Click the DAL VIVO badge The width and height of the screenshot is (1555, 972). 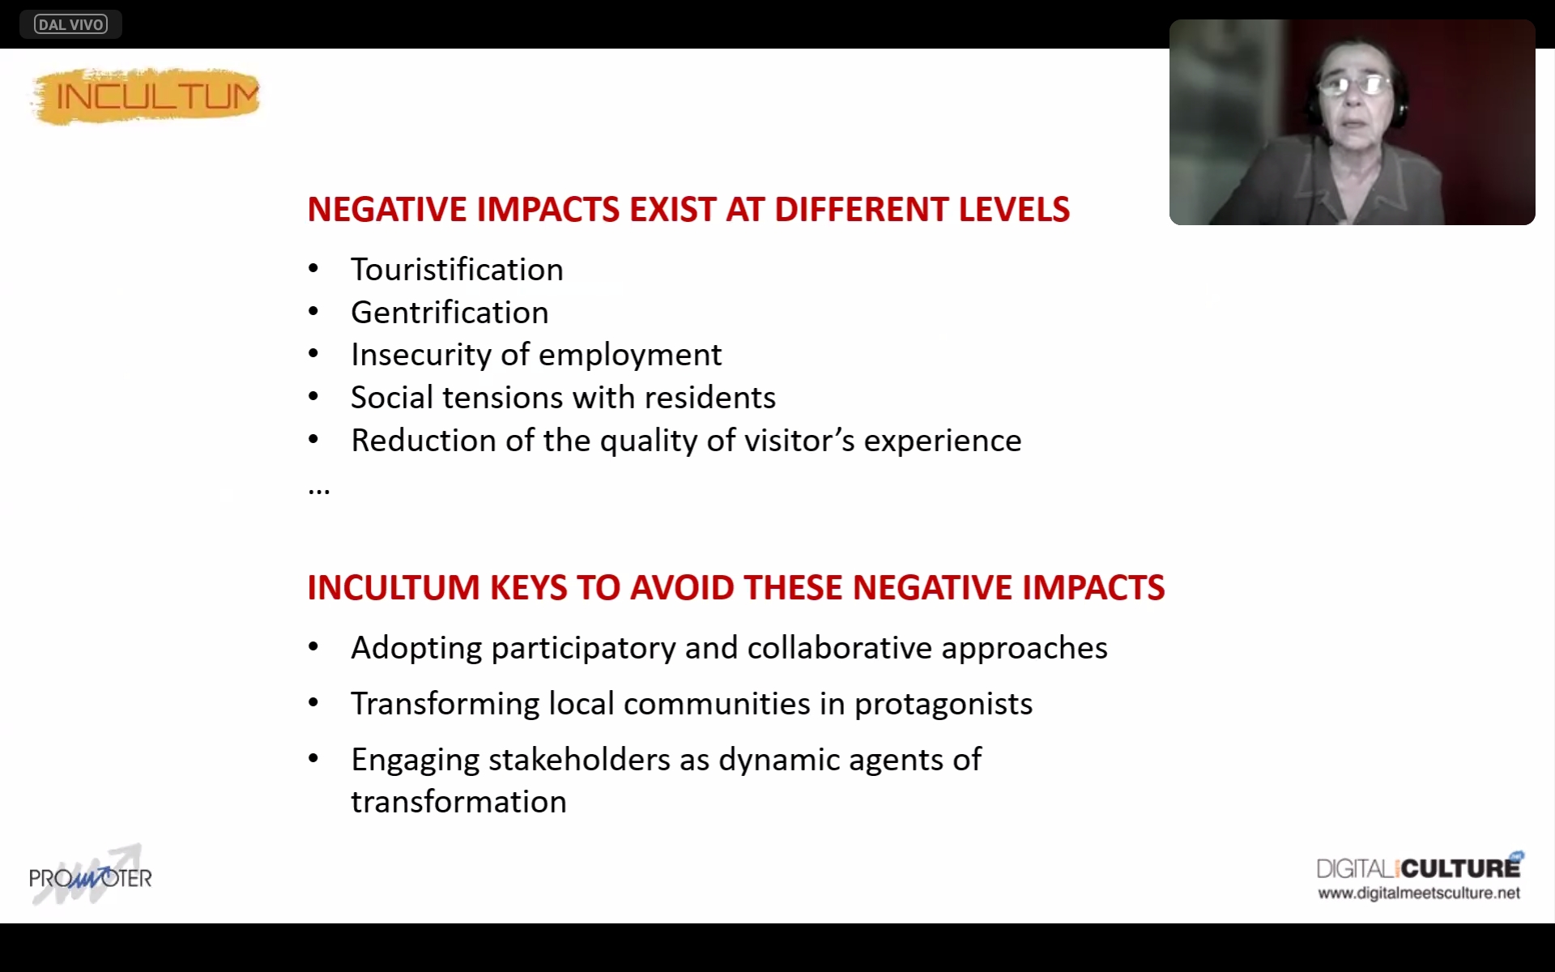(x=70, y=24)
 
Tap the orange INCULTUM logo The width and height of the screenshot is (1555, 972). (x=146, y=96)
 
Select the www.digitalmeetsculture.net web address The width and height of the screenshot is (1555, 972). (x=1419, y=893)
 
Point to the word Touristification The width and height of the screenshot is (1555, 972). (x=457, y=270)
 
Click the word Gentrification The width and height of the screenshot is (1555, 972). (x=449, y=313)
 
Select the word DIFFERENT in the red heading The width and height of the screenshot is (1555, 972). (x=862, y=210)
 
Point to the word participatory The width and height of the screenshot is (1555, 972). (x=583, y=649)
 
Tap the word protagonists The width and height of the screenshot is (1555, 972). (x=944, y=705)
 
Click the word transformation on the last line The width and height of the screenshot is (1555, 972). (x=458, y=802)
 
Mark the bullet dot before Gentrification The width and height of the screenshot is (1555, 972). (x=313, y=312)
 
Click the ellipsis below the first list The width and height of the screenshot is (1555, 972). (x=318, y=491)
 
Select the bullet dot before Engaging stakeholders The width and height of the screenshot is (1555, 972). (x=313, y=759)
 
